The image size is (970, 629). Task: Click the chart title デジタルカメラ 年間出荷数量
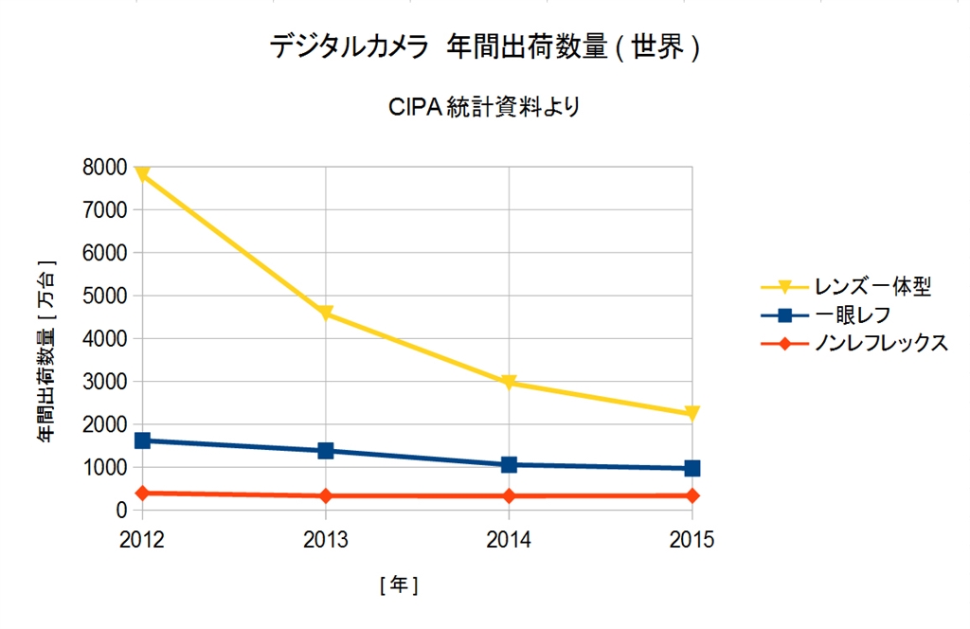[x=485, y=47]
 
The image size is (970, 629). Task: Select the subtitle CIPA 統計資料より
[x=485, y=106]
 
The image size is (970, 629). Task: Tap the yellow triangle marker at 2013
[x=326, y=314]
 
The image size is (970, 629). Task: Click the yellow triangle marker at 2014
[x=510, y=384]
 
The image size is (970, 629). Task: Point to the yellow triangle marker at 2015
[x=692, y=414]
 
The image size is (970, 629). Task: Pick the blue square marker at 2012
[x=142, y=440]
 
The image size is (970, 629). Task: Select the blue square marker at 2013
[x=326, y=451]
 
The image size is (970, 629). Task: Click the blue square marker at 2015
[x=692, y=468]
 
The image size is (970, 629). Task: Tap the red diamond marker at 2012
[x=142, y=493]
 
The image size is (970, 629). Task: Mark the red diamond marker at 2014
[x=510, y=495]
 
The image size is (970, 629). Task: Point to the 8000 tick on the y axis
[x=105, y=168]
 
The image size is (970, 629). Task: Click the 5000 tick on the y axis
[x=105, y=296]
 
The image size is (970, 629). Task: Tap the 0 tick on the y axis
[x=120, y=511]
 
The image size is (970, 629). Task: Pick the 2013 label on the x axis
[x=326, y=540]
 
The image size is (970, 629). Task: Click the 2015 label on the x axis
[x=692, y=540]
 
